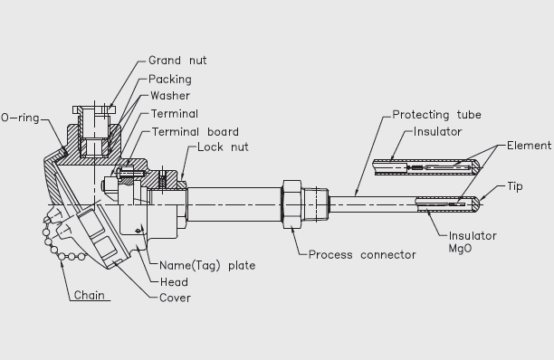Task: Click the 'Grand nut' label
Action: (177, 61)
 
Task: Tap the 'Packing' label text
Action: (170, 80)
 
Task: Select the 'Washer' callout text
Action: (170, 96)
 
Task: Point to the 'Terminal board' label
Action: (195, 132)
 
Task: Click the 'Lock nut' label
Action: (223, 147)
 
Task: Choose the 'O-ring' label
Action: (20, 118)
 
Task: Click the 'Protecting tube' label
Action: (436, 115)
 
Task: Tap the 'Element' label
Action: (529, 146)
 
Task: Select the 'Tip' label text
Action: (515, 186)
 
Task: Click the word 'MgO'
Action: (460, 249)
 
